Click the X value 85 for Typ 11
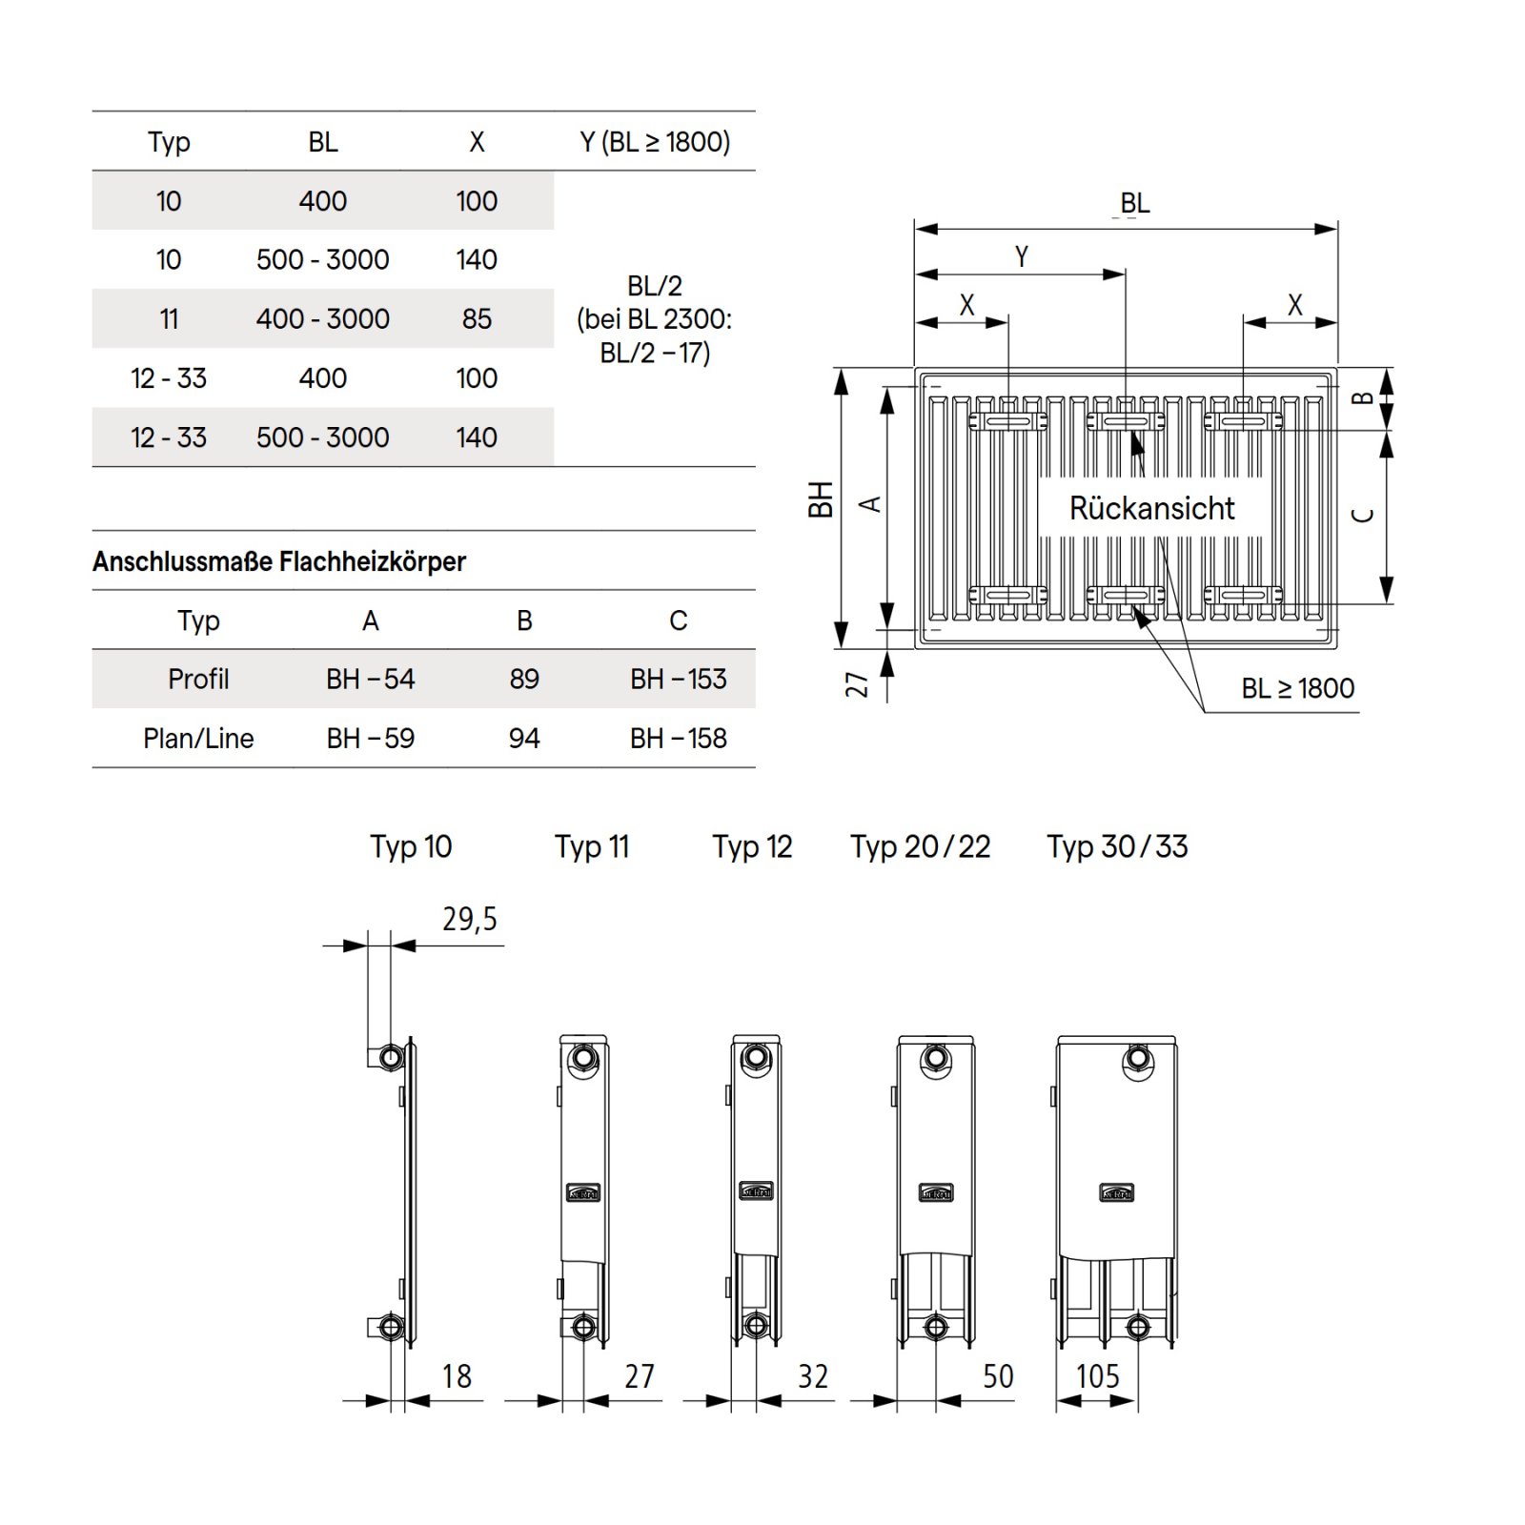pos(477,318)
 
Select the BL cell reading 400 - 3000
pos(322,318)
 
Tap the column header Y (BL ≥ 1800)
pos(655,142)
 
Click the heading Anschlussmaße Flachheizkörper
pos(278,561)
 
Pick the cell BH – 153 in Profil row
pos(678,679)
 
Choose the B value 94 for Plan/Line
pos(523,738)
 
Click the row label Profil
pos(198,679)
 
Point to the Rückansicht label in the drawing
pos(1151,508)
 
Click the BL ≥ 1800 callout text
pos(1297,688)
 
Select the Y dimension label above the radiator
pos(1022,256)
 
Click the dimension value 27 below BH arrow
pos(857,683)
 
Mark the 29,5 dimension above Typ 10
pos(469,919)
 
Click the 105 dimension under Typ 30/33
pos(1097,1376)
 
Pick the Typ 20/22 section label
pos(920,846)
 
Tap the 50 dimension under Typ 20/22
pos(998,1376)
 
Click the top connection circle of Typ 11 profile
pos(583,1058)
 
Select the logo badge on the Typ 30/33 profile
pos(1116,1193)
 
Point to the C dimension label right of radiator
pos(1363,515)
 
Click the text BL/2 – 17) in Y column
pos(655,354)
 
